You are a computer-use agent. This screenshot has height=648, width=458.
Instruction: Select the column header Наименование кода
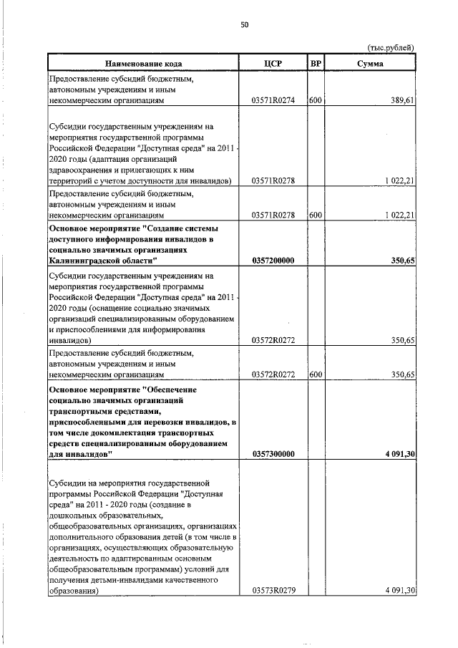click(143, 64)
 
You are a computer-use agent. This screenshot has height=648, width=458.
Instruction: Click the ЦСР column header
click(273, 64)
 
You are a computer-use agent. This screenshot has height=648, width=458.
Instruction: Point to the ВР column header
click(316, 64)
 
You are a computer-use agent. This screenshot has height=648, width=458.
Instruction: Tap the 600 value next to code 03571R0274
click(316, 102)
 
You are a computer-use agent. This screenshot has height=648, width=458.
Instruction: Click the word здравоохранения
click(84, 170)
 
